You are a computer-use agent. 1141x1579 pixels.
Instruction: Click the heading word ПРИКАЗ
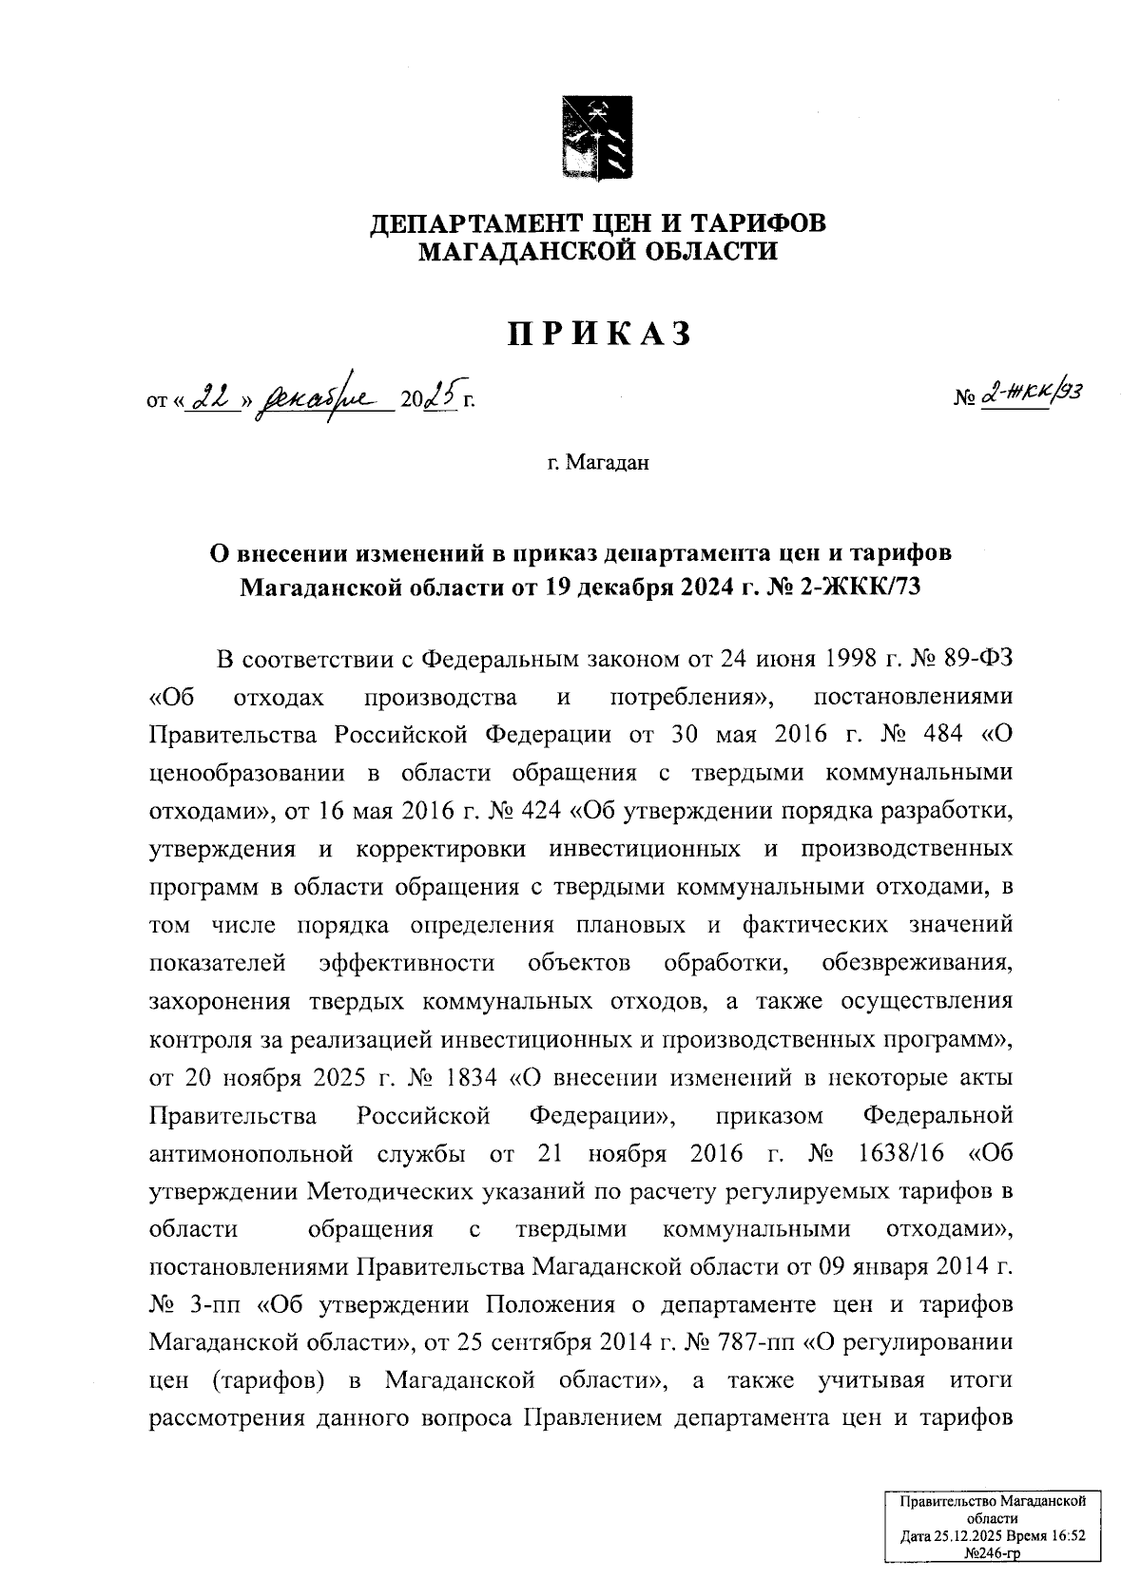(597, 334)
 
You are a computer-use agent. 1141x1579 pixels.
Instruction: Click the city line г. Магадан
(597, 463)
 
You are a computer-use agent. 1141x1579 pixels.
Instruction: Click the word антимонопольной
(252, 1154)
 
